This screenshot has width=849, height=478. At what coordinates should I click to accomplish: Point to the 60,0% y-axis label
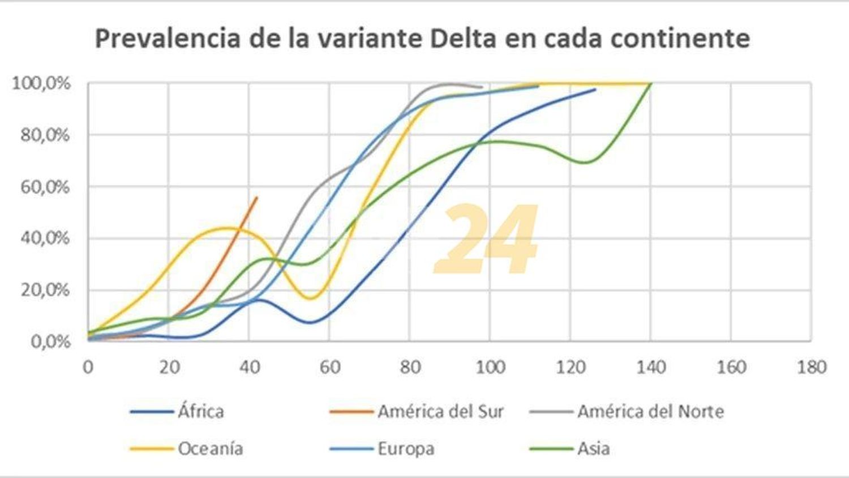coord(45,187)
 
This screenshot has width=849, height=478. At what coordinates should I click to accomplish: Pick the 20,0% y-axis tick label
coord(45,290)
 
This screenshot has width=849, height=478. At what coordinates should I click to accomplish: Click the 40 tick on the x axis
coord(249,367)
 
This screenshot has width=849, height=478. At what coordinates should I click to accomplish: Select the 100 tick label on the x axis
coord(490,367)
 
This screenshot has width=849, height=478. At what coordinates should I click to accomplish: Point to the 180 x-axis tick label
coord(812,367)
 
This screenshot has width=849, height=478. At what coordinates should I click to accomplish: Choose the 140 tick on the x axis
coord(651,367)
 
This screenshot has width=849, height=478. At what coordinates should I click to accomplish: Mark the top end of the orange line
coord(257,197)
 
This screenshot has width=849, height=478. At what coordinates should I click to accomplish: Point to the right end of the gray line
coord(482,87)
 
